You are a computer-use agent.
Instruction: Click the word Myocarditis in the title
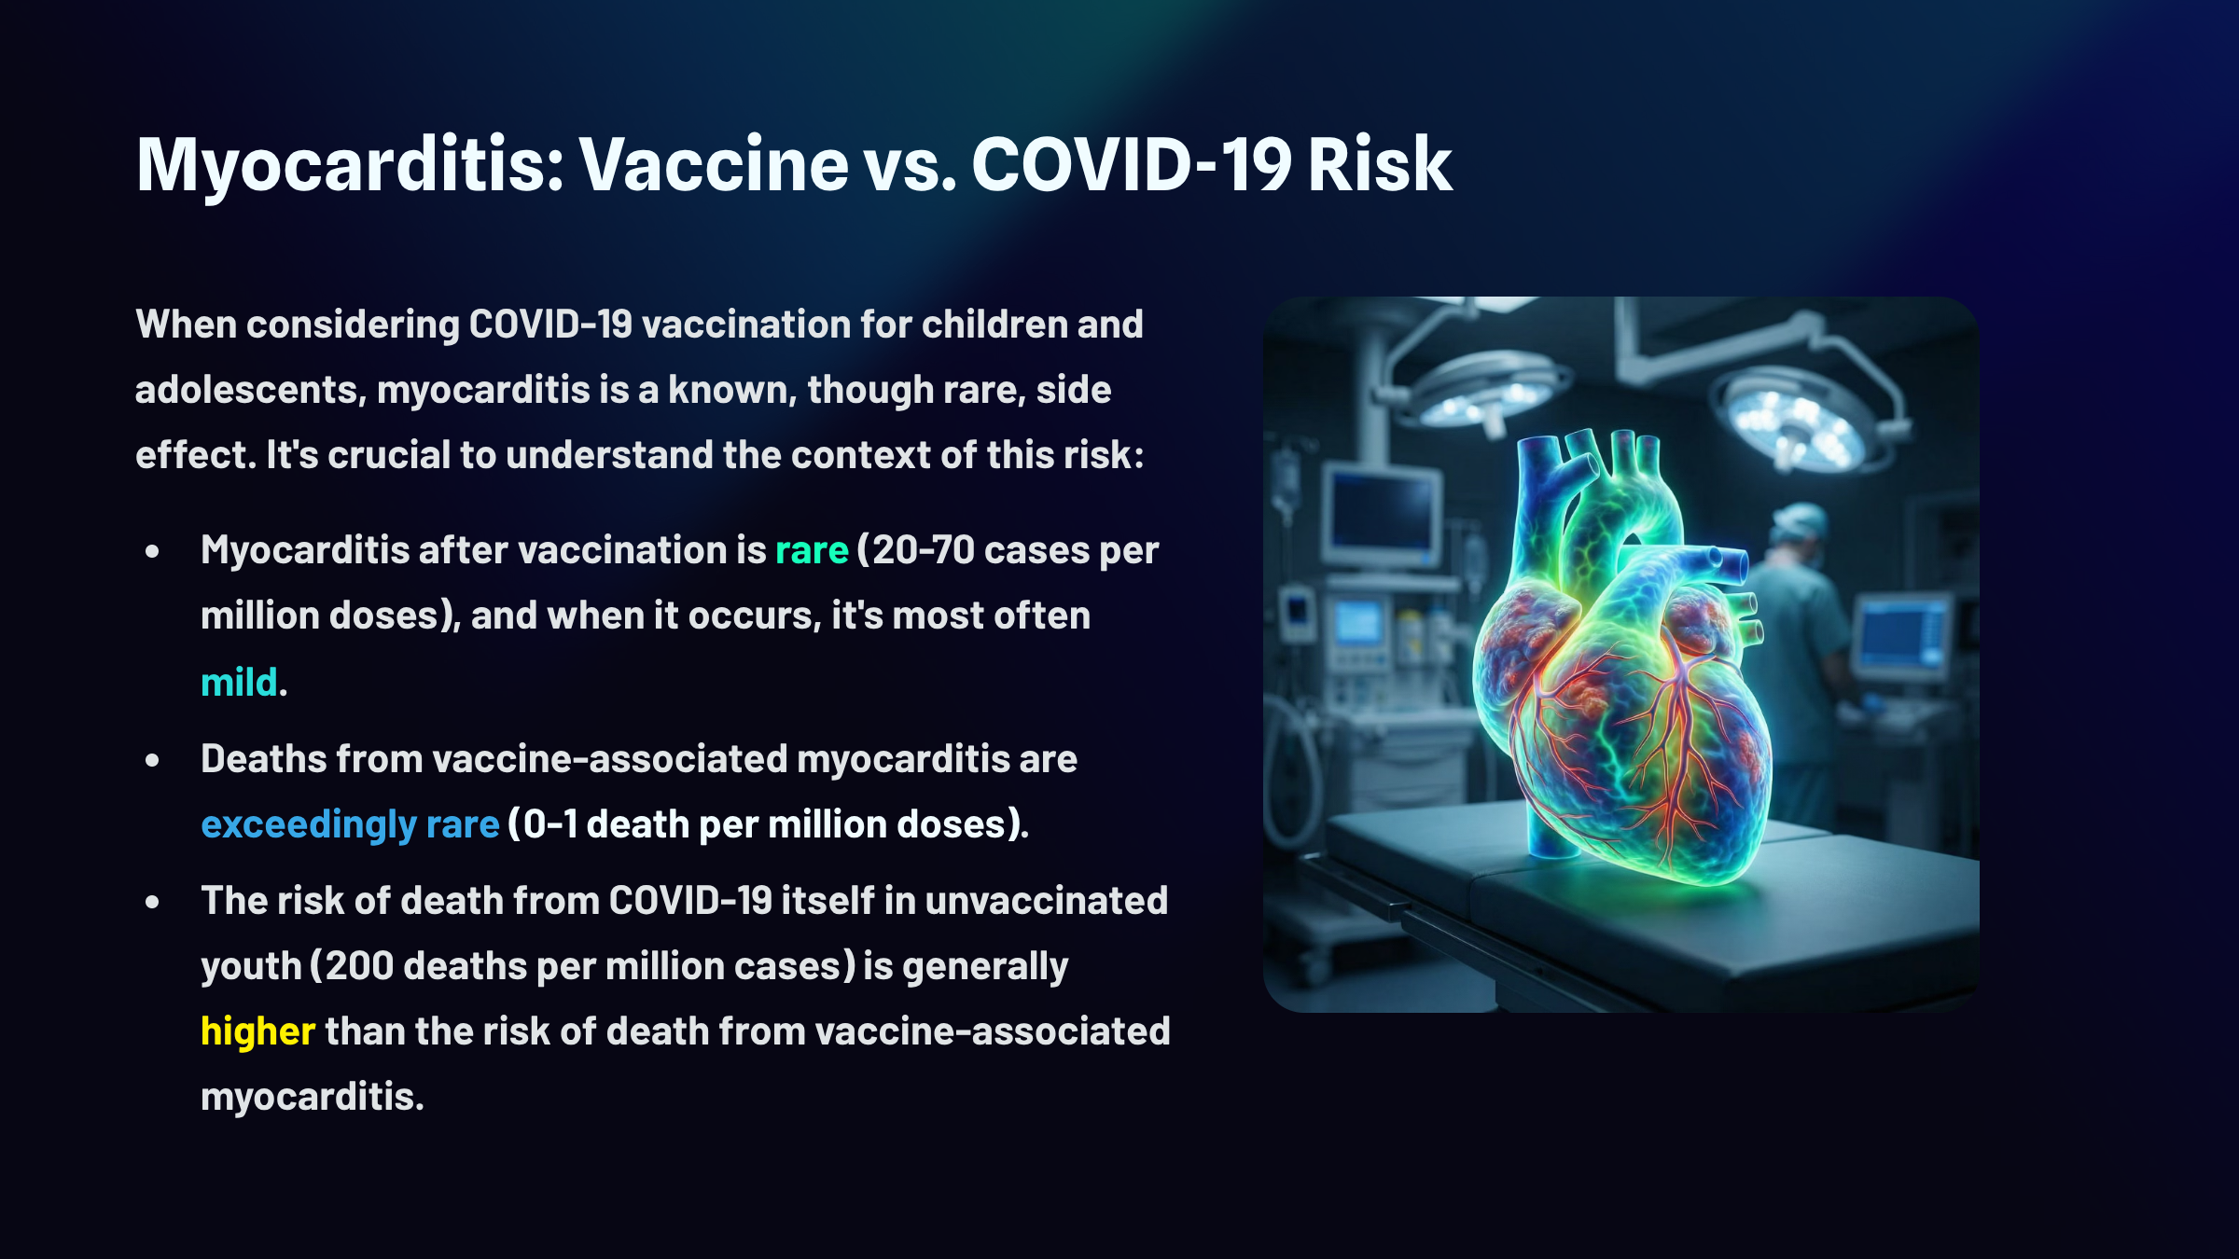pyautogui.click(x=350, y=166)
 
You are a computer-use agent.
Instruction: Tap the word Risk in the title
pyautogui.click(x=1380, y=164)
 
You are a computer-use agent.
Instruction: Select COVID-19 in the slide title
pyautogui.click(x=1132, y=164)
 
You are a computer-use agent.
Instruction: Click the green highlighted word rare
pyautogui.click(x=812, y=551)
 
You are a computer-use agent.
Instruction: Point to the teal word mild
pyautogui.click(x=239, y=682)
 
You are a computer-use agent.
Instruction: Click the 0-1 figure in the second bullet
pyautogui.click(x=550, y=824)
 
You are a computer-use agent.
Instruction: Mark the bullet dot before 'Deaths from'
pyautogui.click(x=153, y=761)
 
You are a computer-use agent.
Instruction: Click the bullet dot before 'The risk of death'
pyautogui.click(x=153, y=903)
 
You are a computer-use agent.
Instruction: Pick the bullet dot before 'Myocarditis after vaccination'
pyautogui.click(x=153, y=552)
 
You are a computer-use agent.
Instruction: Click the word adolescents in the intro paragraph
pyautogui.click(x=250, y=390)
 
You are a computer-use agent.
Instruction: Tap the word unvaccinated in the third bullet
pyautogui.click(x=1047, y=901)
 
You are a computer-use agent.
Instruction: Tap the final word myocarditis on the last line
pyautogui.click(x=313, y=1098)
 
